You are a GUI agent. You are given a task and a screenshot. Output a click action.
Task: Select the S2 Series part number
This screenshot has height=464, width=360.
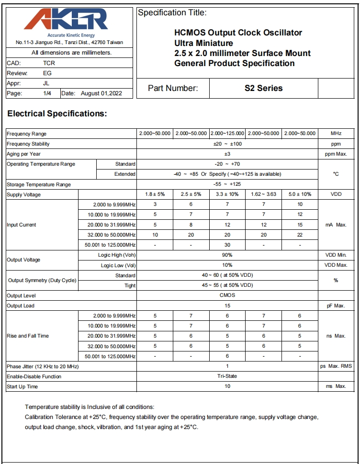tap(263, 88)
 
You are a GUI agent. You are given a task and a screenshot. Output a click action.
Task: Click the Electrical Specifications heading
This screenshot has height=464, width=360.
tap(57, 114)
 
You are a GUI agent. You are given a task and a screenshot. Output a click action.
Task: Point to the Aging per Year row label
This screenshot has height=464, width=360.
tap(23, 154)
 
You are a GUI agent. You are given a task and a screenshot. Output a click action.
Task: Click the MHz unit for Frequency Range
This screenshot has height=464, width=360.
tap(336, 134)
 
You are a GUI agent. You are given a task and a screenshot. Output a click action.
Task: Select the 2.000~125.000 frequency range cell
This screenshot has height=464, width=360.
tap(227, 134)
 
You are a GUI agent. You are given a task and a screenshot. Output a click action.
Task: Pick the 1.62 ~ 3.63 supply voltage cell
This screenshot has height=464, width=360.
tap(263, 194)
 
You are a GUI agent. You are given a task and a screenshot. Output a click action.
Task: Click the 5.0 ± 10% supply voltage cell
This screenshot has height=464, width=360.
tap(300, 194)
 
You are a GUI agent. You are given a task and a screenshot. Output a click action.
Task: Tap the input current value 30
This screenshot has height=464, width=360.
tap(227, 245)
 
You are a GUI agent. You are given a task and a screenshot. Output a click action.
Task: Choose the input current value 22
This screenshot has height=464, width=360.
tap(300, 235)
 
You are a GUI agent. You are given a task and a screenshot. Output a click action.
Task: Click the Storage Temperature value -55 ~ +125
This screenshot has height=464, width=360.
tap(227, 184)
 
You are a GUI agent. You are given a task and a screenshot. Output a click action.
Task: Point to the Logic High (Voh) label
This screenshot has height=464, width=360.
tap(117, 255)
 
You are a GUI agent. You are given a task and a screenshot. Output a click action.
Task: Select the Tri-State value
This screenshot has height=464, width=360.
tap(227, 376)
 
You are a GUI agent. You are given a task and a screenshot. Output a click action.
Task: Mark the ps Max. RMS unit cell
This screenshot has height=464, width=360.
tap(336, 366)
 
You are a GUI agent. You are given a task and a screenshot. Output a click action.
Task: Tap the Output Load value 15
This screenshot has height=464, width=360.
tap(227, 306)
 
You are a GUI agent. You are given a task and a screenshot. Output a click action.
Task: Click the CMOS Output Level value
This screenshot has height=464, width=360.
tap(227, 295)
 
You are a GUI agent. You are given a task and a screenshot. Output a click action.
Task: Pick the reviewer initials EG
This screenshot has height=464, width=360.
tap(47, 73)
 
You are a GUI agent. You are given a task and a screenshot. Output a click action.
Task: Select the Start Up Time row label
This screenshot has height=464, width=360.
tap(22, 386)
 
